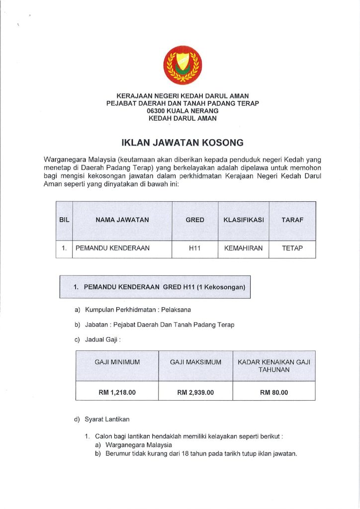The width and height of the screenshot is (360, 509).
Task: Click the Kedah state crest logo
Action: coord(183,65)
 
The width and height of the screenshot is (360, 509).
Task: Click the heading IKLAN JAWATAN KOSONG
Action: coord(182,143)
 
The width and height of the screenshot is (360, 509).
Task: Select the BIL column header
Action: coord(64,220)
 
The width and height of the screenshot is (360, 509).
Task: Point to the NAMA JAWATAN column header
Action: coord(122,220)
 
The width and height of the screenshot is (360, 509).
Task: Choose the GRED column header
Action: coord(194,220)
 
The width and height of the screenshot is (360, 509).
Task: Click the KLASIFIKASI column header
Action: coord(243,220)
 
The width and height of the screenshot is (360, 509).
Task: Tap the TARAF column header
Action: coord(292,220)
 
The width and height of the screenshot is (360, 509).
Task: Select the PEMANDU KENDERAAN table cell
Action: coord(112,248)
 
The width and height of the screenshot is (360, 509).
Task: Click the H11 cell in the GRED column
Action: coord(194,248)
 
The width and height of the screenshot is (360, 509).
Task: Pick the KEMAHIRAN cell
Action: coord(243,248)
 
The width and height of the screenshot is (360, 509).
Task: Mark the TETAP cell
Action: coord(292,248)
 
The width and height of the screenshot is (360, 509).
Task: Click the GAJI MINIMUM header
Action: coord(117,362)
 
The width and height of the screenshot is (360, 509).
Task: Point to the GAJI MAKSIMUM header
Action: coord(195,362)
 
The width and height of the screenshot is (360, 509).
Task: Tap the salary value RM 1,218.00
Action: coord(117,393)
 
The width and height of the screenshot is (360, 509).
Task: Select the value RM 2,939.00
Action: coord(195,393)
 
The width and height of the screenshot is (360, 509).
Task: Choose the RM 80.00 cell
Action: coord(273,393)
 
